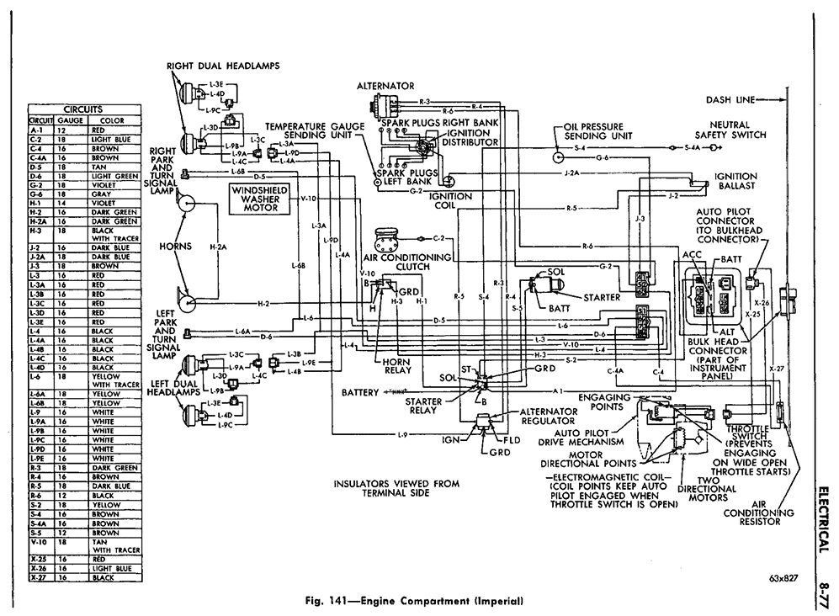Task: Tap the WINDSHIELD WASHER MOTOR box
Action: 262,203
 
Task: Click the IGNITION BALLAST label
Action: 735,180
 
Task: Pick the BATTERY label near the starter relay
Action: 361,392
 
